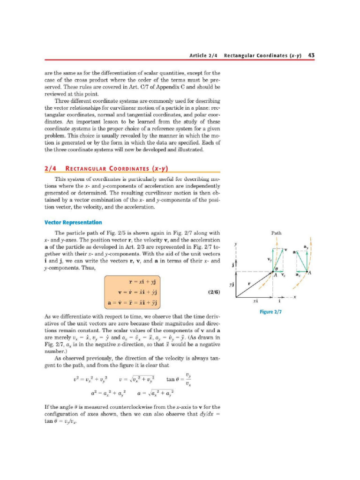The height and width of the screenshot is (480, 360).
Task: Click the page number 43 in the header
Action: click(311, 55)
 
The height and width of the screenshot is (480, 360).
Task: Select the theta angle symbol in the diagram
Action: click(276, 269)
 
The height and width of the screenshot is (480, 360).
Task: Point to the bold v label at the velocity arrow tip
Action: click(285, 249)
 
